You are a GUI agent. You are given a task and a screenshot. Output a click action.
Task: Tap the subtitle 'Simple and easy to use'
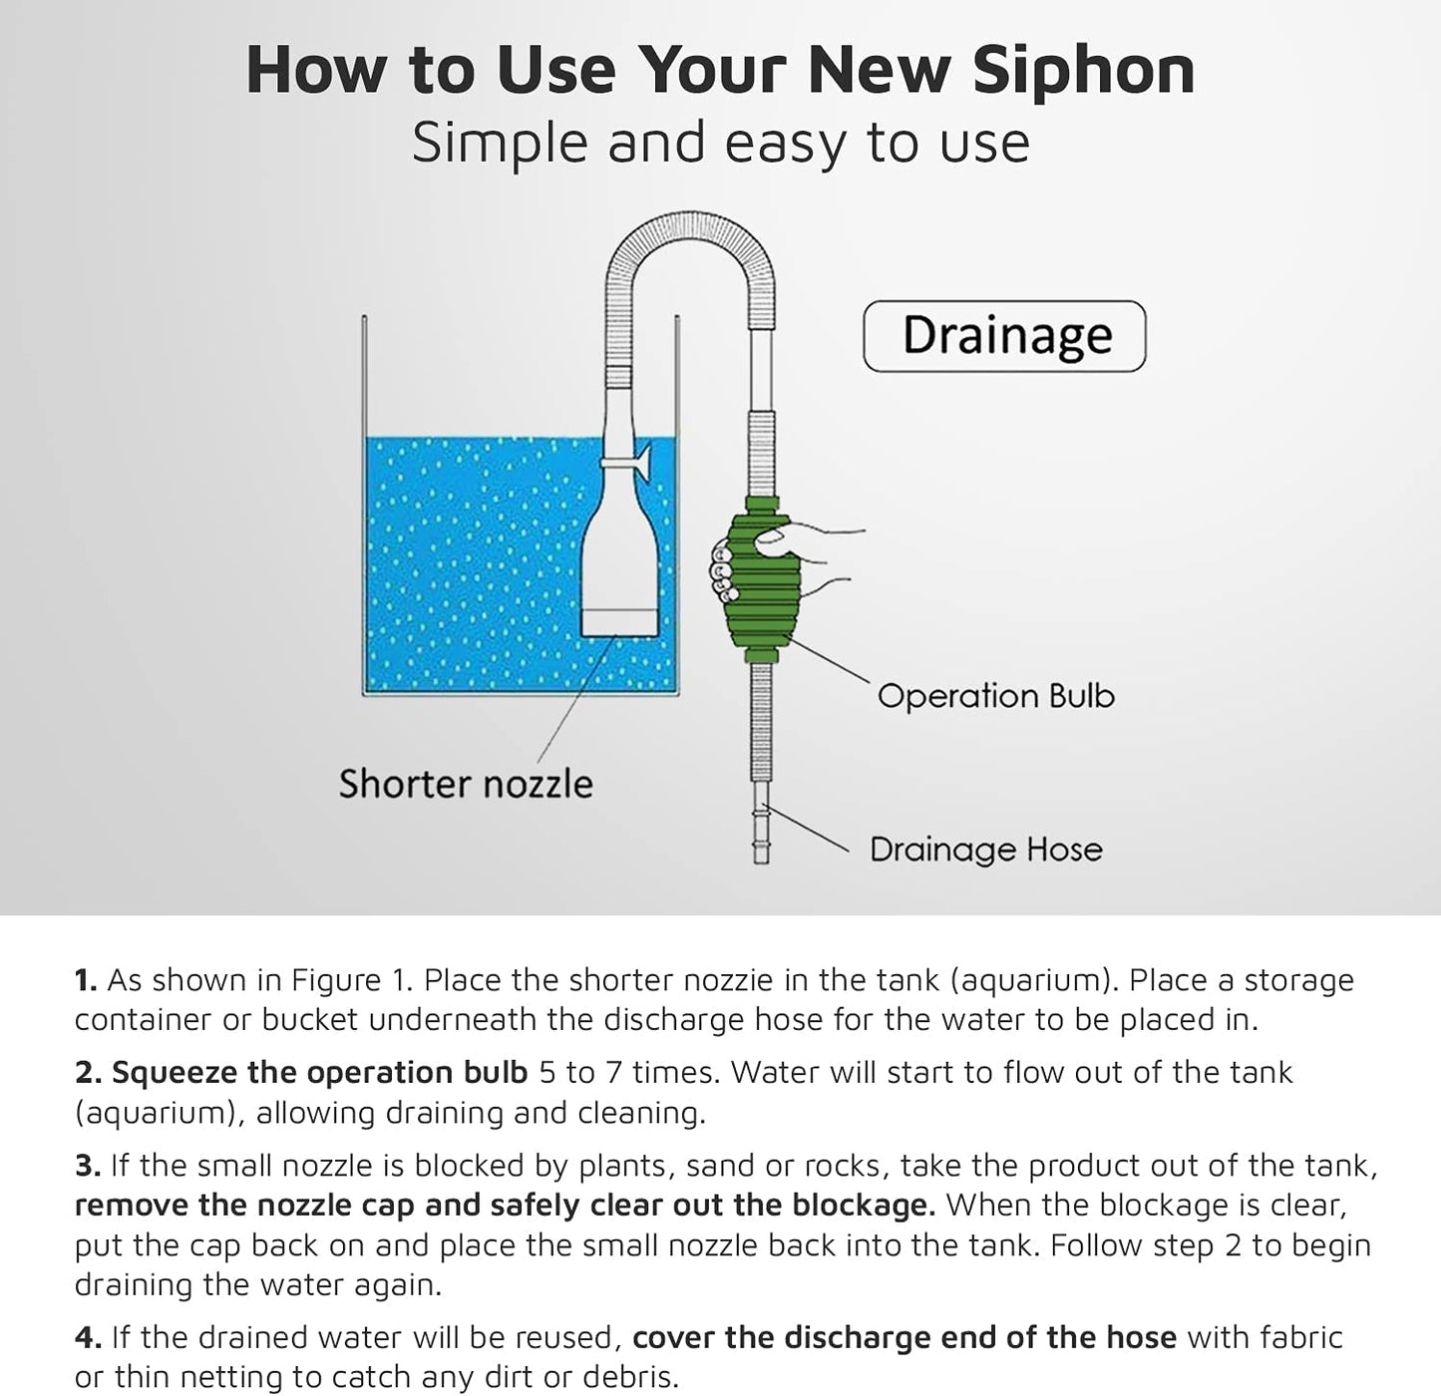pyautogui.click(x=720, y=143)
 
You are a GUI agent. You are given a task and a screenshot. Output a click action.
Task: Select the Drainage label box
pyautogui.click(x=1004, y=336)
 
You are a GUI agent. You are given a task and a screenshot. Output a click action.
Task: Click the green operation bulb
pyautogui.click(x=764, y=578)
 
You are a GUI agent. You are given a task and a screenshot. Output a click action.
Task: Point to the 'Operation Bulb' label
pyautogui.click(x=995, y=695)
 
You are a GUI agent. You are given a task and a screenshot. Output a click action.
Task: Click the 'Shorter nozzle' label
pyautogui.click(x=465, y=784)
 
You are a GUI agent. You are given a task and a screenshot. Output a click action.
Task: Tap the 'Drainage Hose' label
pyautogui.click(x=985, y=850)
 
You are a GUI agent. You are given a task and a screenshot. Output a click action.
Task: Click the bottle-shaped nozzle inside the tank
pyautogui.click(x=619, y=568)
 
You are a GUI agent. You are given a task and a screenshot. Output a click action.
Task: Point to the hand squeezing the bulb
pyautogui.click(x=798, y=558)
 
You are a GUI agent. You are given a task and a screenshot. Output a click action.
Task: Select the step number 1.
pyautogui.click(x=85, y=981)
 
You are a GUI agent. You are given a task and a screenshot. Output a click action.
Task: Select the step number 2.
pyautogui.click(x=87, y=1073)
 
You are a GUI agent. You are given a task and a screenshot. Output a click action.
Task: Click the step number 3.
pyautogui.click(x=87, y=1166)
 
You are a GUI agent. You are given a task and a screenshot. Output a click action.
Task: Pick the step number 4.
pyautogui.click(x=87, y=1338)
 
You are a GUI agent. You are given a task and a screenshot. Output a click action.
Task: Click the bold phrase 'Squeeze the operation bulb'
pyautogui.click(x=319, y=1073)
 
